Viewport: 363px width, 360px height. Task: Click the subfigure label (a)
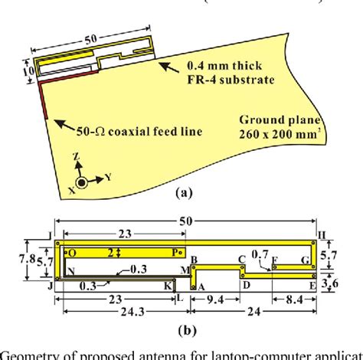pos(182,195)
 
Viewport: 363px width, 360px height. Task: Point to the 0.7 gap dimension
pos(262,254)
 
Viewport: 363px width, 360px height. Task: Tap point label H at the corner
pos(322,233)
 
